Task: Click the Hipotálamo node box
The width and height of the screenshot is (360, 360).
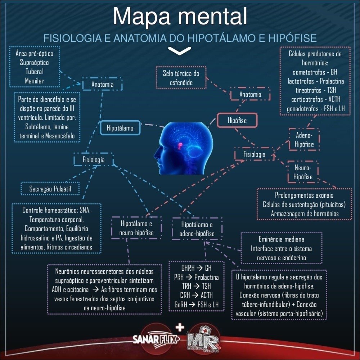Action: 120,128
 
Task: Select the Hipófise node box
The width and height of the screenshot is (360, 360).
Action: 237,121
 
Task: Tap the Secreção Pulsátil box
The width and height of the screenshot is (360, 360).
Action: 49,188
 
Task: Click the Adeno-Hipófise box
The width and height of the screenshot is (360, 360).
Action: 304,140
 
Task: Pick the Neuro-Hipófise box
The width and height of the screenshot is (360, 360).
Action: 303,172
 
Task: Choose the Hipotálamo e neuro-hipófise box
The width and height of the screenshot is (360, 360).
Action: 136,228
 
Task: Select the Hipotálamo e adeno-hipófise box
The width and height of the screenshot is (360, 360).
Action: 197,229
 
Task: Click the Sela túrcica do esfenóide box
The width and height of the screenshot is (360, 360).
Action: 181,78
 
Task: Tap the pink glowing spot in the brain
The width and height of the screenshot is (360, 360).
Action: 180,144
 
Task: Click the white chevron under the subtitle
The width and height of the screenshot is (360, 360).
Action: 180,51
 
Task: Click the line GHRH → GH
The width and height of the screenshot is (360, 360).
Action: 197,268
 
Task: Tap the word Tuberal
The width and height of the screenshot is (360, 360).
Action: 35,71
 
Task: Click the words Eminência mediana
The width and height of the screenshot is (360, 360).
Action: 281,239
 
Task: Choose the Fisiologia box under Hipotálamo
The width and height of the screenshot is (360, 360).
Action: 94,159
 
